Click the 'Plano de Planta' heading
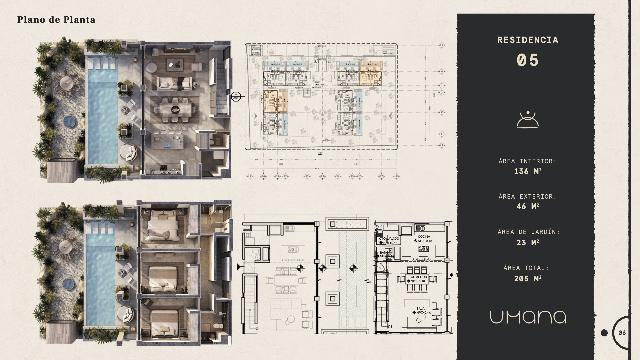coord(56,20)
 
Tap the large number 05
coord(528,61)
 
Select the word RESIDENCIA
coord(528,40)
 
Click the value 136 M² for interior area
coord(528,171)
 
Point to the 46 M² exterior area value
coord(528,206)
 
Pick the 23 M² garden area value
coord(528,243)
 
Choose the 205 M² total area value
coord(528,279)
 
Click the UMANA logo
coord(528,317)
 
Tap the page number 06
coord(622,333)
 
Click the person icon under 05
coord(528,120)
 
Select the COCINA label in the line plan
coord(424,237)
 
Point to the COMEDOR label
coord(419,277)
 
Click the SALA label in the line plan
coord(420,309)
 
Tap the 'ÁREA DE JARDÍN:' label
coord(528,232)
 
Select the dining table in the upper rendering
coord(175,109)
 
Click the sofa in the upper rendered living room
coord(175,83)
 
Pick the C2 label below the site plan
coord(320,153)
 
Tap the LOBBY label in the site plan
coord(318,81)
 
